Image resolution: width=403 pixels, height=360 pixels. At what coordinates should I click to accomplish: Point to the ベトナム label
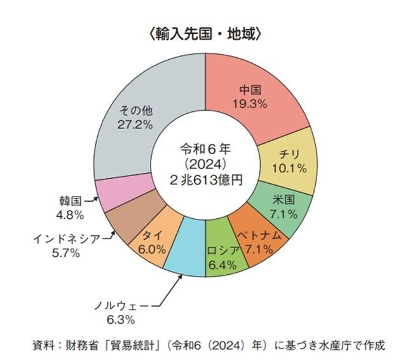[259, 237]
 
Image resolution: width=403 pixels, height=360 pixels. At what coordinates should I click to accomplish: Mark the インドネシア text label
[65, 239]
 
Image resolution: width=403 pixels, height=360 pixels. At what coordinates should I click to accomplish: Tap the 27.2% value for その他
[135, 124]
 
